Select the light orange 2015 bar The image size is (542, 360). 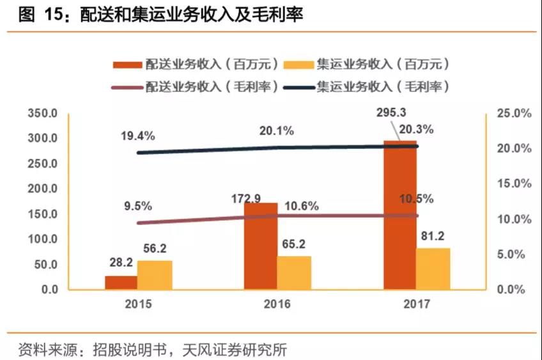point(155,275)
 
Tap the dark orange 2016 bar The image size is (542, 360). point(261,246)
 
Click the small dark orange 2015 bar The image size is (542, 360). point(121,282)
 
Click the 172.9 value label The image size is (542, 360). point(246,199)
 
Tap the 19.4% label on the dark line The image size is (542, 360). point(137,136)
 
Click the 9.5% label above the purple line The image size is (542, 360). point(137,206)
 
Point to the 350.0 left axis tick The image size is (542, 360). point(43,113)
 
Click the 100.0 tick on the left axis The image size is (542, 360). point(43,239)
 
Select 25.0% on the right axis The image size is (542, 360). point(515,113)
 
